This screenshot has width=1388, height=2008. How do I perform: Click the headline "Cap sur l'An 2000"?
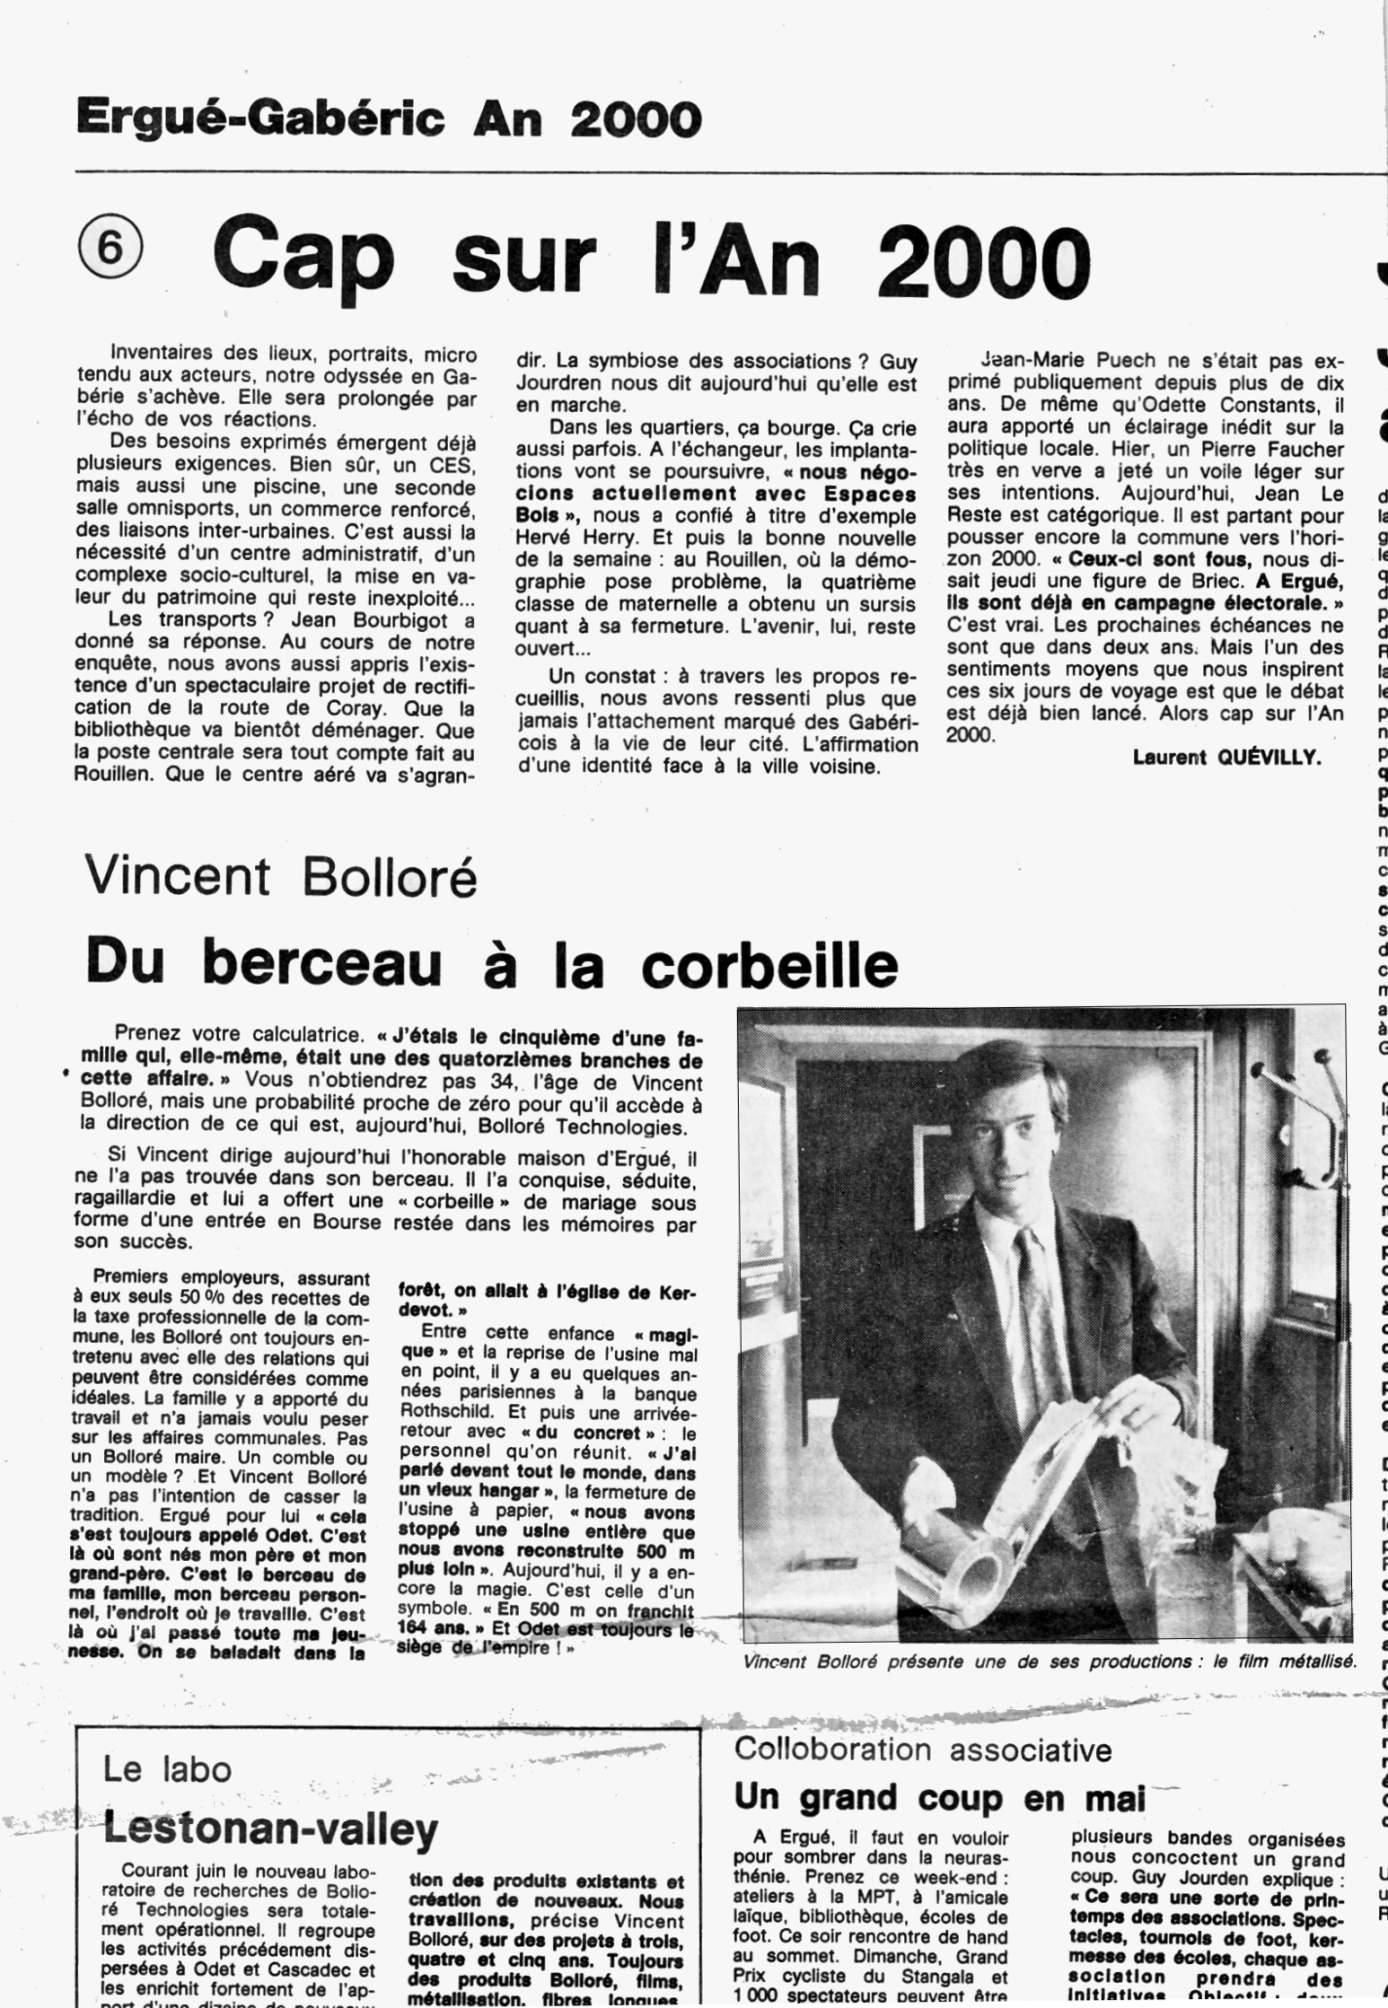650,258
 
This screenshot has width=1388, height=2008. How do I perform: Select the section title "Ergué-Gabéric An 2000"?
388,119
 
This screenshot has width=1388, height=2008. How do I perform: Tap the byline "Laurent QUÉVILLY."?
1226,757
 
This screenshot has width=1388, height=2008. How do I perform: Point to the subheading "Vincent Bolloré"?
281,875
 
